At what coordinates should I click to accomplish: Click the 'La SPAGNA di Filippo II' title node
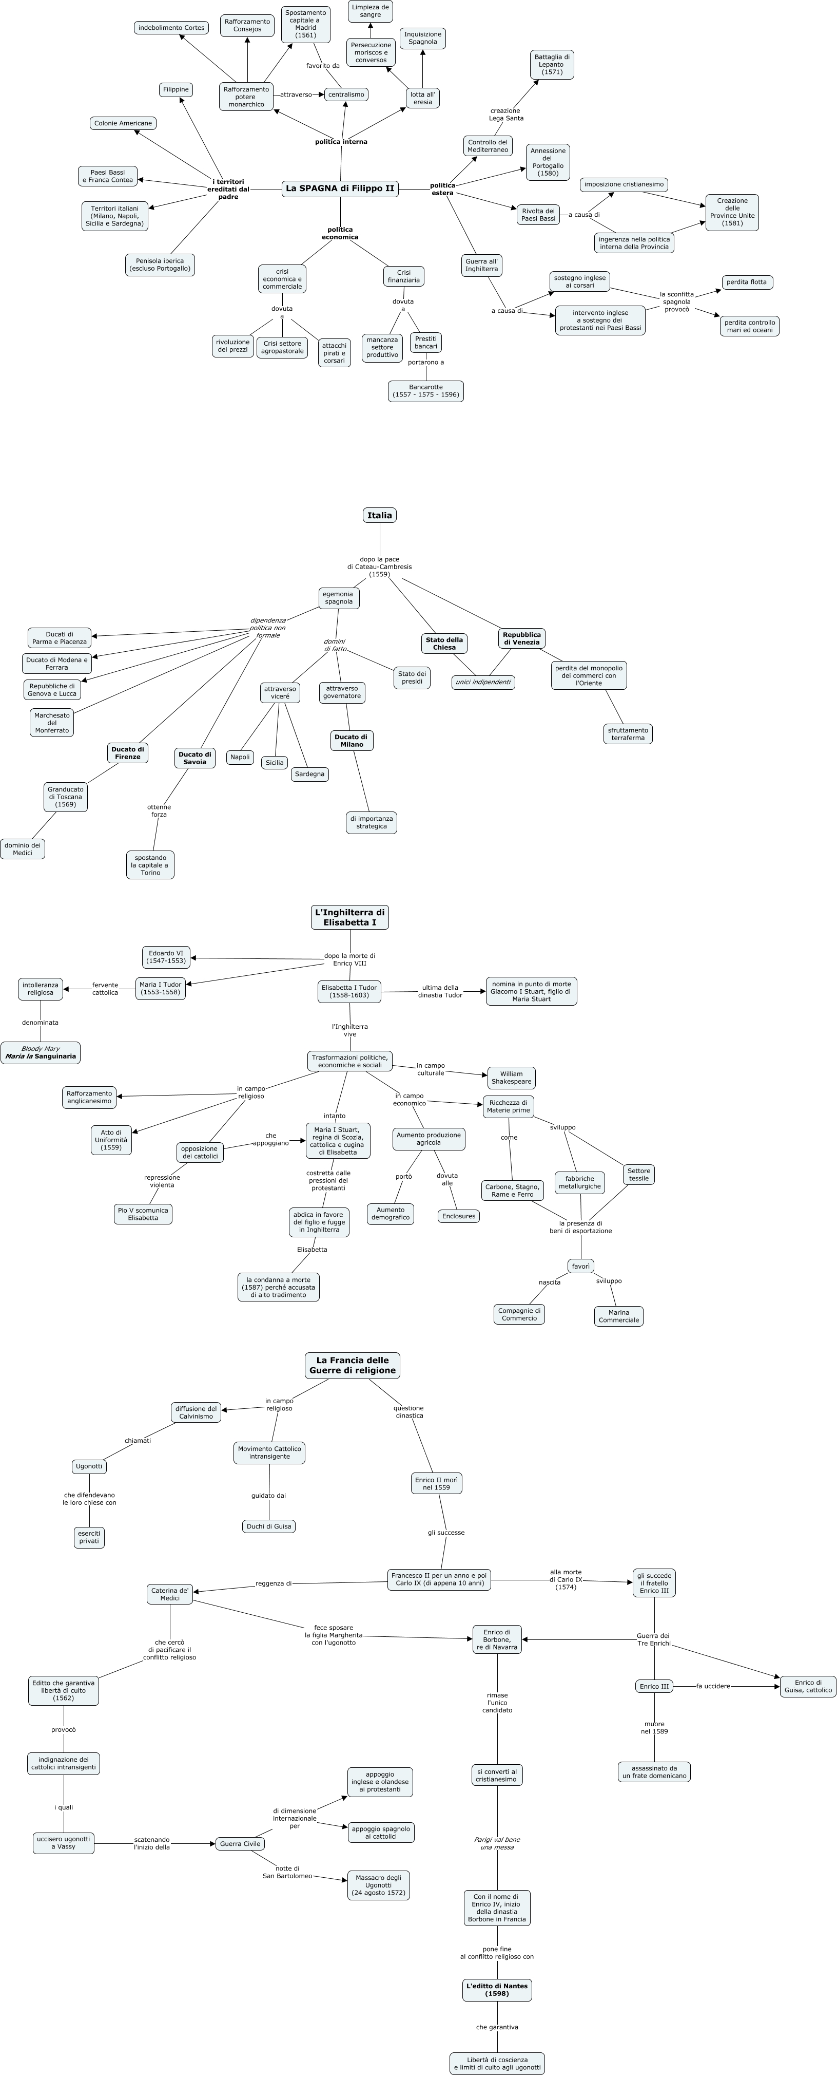point(340,188)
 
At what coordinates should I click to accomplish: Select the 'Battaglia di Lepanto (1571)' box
point(552,65)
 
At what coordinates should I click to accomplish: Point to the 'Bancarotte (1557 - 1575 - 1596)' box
point(425,391)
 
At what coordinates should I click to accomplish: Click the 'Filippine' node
point(176,89)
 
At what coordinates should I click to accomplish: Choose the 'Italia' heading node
point(379,515)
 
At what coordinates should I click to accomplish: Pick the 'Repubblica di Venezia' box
point(521,638)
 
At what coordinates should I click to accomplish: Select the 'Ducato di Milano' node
point(351,741)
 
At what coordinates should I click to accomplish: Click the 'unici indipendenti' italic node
point(482,682)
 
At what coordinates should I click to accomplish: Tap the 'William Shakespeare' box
point(511,1078)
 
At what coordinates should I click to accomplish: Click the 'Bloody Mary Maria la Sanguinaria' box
point(40,1052)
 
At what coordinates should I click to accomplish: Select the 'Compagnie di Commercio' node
point(519,1314)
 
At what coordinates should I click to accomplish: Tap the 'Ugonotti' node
point(89,1466)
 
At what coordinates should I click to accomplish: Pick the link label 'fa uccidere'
point(713,1686)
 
